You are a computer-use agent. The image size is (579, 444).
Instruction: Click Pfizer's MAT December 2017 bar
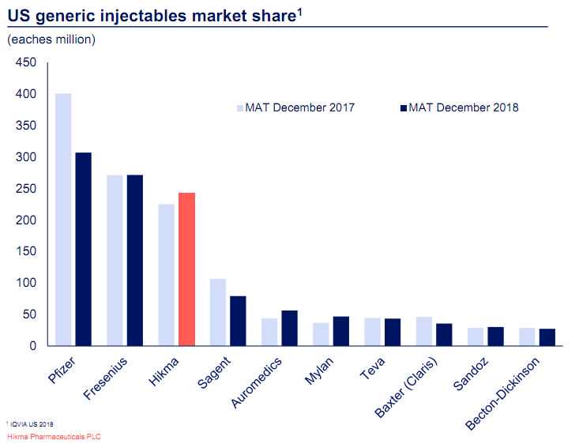click(x=63, y=220)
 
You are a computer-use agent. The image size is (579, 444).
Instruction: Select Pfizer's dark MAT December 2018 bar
click(x=84, y=249)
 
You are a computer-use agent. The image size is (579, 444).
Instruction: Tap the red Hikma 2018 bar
click(x=186, y=269)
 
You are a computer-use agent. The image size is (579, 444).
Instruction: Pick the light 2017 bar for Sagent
click(x=218, y=312)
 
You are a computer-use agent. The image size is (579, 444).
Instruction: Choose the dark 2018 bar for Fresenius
click(x=135, y=260)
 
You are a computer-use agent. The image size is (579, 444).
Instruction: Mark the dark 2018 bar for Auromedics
click(x=289, y=328)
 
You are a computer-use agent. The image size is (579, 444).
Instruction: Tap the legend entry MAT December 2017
click(x=299, y=107)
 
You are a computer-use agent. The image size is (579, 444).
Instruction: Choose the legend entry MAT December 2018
click(x=463, y=107)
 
